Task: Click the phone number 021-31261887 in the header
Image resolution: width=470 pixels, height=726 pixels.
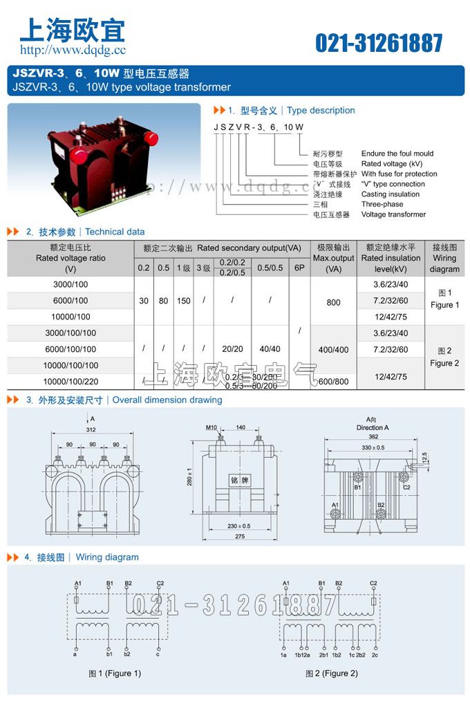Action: tap(379, 43)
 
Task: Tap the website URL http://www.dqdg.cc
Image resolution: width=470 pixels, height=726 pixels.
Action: tap(73, 50)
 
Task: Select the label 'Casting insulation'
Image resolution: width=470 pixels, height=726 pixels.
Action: tap(390, 194)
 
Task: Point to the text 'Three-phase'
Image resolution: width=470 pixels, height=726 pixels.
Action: tap(382, 205)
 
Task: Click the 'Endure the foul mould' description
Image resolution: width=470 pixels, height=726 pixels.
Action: tap(397, 153)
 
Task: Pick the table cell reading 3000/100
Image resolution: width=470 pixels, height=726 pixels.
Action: tap(70, 284)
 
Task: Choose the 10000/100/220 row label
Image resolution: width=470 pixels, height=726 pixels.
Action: tap(70, 381)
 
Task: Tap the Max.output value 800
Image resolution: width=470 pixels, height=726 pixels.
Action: tap(333, 301)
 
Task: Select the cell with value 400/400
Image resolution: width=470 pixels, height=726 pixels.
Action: tap(333, 350)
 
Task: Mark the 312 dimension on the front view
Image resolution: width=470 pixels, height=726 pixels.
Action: tap(91, 429)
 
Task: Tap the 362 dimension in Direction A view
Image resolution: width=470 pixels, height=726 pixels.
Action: tap(373, 436)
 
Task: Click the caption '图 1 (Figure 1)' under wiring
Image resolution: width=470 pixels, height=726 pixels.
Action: tap(115, 673)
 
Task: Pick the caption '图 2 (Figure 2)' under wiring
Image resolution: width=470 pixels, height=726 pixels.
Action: tap(332, 673)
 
